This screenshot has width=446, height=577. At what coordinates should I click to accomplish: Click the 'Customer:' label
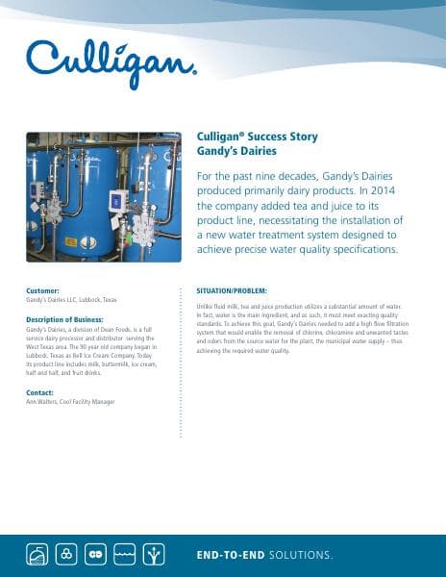pyautogui.click(x=43, y=290)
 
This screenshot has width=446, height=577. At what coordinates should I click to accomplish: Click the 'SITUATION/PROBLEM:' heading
pyautogui.click(x=231, y=290)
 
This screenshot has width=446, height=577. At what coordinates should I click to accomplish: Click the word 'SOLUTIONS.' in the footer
pyautogui.click(x=302, y=555)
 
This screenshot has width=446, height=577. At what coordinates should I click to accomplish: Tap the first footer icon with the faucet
pyautogui.click(x=36, y=555)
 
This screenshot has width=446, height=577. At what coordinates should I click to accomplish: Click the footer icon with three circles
pyautogui.click(x=65, y=555)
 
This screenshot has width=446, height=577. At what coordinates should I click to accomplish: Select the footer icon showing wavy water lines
pyautogui.click(x=125, y=555)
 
